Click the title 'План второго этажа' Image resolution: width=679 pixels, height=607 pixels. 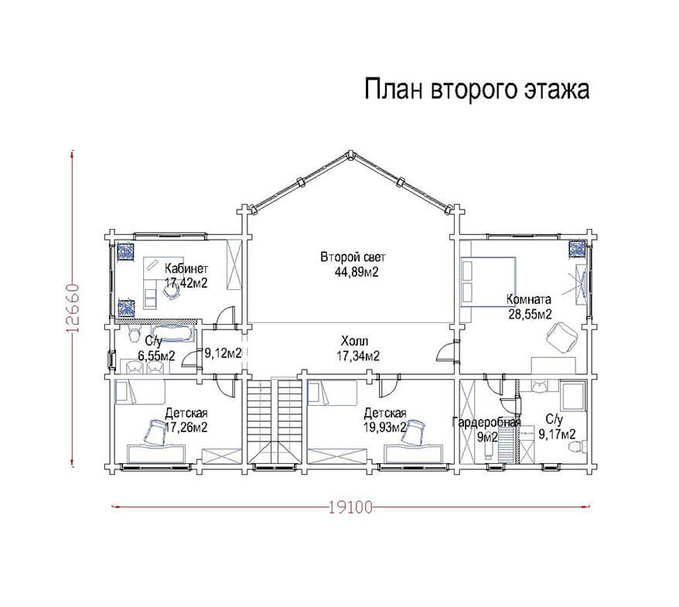(x=477, y=90)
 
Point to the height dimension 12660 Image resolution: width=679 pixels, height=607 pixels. (x=73, y=308)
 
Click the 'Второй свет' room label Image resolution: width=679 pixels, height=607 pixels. (x=353, y=257)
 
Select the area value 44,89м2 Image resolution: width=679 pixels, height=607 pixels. (x=357, y=272)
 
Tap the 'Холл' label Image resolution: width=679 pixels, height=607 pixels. (x=355, y=340)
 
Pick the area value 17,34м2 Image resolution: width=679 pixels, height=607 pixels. (x=358, y=356)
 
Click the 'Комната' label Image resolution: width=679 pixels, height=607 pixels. (x=529, y=299)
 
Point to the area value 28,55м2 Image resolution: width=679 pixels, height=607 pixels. (x=530, y=314)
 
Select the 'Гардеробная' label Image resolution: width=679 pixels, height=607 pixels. (x=486, y=422)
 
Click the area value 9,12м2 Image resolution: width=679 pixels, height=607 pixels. (x=223, y=353)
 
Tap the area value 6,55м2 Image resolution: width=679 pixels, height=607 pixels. (x=156, y=356)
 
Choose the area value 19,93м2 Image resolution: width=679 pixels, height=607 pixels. (x=385, y=428)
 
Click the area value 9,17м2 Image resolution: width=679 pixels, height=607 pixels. (x=557, y=434)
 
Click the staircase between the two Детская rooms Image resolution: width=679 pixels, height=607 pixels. (x=275, y=421)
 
